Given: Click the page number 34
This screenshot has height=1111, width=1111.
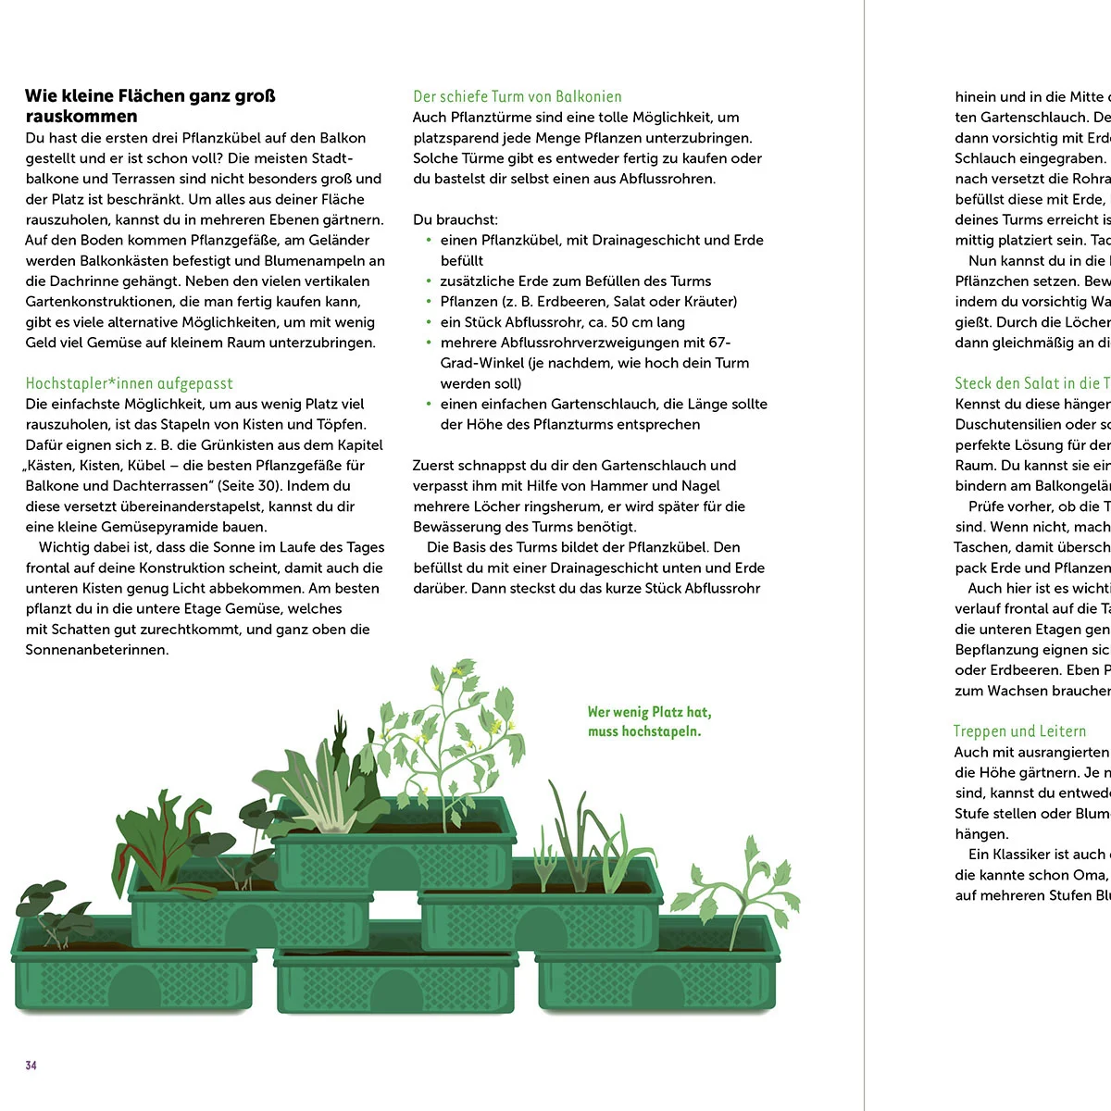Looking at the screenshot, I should click(31, 1066).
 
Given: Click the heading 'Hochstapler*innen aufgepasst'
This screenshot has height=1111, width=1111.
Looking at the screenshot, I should click(129, 383).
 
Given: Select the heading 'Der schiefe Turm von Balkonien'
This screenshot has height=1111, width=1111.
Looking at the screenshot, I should click(517, 96).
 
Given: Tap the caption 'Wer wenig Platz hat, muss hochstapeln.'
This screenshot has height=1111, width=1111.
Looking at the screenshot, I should click(649, 721).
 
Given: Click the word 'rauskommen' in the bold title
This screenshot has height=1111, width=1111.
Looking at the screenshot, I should click(81, 117).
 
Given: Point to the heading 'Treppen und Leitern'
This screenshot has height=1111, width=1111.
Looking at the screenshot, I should click(1019, 731).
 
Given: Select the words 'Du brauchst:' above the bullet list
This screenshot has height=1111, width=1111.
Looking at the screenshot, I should click(456, 219).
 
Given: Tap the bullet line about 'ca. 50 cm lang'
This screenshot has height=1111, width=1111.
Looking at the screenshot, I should click(562, 322).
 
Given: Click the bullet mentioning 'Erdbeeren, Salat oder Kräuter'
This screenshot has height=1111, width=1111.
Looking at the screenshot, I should click(588, 302).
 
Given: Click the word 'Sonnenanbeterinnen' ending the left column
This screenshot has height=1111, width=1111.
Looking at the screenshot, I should click(97, 649).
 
